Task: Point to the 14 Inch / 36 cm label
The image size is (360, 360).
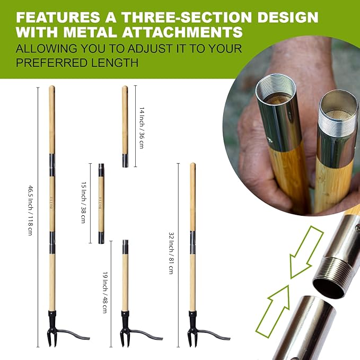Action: [142, 127]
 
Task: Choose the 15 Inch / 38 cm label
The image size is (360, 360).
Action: [83, 203]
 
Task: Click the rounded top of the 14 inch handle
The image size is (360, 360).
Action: [125, 89]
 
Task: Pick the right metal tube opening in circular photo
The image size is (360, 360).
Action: [338, 105]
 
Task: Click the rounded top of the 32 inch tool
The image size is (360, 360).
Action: [192, 166]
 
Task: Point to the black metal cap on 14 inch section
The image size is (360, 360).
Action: [125, 161]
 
